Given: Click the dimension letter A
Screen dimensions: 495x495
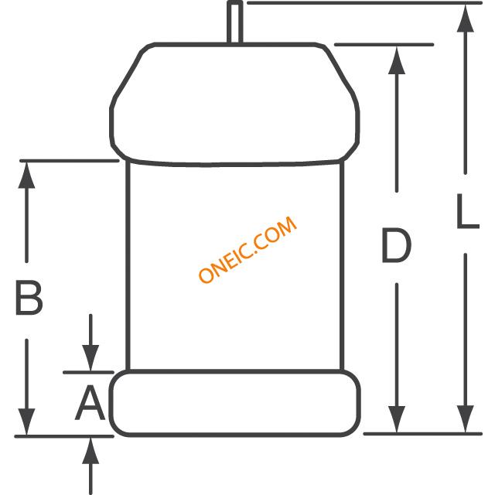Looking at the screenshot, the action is [90, 403].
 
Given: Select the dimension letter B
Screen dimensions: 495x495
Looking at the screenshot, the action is [29, 298].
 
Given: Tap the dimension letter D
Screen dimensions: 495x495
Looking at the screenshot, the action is [396, 246].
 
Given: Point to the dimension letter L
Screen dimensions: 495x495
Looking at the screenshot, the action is [468, 211].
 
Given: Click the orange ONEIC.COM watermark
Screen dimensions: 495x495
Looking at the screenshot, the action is [247, 249].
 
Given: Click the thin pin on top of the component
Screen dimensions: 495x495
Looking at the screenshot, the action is [235, 22].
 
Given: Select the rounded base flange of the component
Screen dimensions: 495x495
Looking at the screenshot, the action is [235, 404].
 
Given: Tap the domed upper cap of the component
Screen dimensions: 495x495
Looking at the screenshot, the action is [234, 104].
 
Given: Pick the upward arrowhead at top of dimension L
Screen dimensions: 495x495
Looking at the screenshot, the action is [466, 19].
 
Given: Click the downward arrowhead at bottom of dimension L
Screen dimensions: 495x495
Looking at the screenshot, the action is [466, 419].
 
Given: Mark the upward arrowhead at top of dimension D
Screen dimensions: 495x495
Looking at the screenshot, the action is [397, 60].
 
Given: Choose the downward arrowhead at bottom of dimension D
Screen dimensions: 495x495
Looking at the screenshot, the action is [397, 419].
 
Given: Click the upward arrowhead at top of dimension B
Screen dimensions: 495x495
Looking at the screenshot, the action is [26, 176].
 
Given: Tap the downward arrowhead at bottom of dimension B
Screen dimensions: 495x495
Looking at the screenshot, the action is [26, 422].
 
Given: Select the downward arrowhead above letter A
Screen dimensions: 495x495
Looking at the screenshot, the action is [90, 358].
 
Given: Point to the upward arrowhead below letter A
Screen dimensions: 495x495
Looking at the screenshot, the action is [90, 451].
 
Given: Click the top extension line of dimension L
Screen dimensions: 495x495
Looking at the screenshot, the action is [364, 3].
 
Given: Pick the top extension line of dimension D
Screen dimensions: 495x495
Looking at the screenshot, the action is [384, 45].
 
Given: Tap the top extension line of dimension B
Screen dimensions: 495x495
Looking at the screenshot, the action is [70, 161].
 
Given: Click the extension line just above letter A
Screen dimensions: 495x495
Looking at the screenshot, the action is [88, 373].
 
